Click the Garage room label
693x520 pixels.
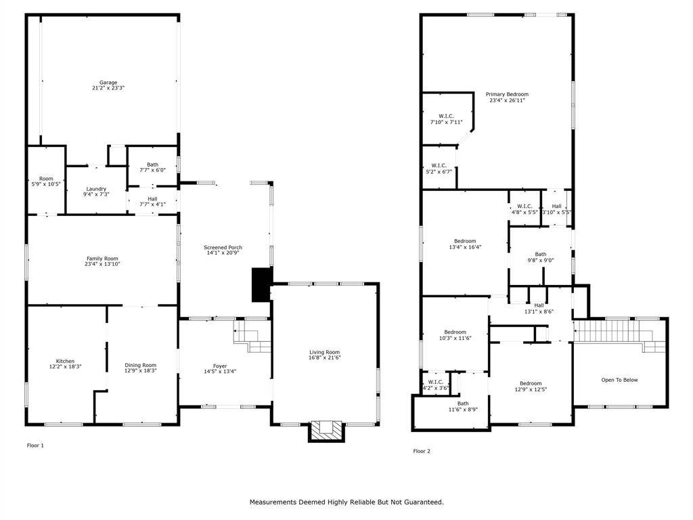pyautogui.click(x=108, y=83)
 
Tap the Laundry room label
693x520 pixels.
pyautogui.click(x=96, y=189)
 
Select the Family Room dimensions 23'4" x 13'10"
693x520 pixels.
pyautogui.click(x=102, y=264)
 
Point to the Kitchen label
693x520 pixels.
pyautogui.click(x=65, y=361)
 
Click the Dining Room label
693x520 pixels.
pyautogui.click(x=140, y=366)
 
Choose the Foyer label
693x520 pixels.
pyautogui.click(x=220, y=366)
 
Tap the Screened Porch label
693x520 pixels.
pyautogui.click(x=223, y=248)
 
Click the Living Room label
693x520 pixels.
pyautogui.click(x=324, y=352)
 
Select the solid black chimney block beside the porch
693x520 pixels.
pyautogui.click(x=261, y=284)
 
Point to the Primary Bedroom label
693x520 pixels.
pyautogui.click(x=507, y=94)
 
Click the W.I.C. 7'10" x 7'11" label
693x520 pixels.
pyautogui.click(x=446, y=116)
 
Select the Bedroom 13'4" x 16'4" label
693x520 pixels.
pyautogui.click(x=464, y=241)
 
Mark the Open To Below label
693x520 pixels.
pyautogui.click(x=619, y=380)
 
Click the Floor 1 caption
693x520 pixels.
pyautogui.click(x=35, y=446)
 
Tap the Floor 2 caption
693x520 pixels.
pyautogui.click(x=422, y=451)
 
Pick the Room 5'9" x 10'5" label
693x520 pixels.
pyautogui.click(x=45, y=179)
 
